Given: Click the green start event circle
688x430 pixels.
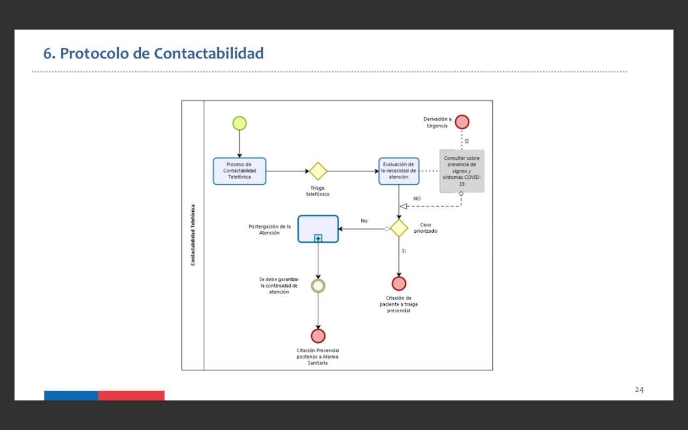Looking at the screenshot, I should click(x=239, y=123).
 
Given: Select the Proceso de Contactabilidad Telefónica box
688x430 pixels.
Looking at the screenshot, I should click(x=239, y=171).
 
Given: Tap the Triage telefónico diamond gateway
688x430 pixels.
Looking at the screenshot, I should click(x=318, y=171).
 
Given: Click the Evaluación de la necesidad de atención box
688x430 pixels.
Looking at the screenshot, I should click(x=398, y=171).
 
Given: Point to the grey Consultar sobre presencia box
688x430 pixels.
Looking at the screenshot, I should click(x=462, y=171).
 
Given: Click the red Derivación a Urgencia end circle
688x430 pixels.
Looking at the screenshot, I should click(x=462, y=122).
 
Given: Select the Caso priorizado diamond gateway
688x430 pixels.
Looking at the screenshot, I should click(x=399, y=228).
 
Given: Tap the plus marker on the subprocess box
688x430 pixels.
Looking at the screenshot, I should click(x=318, y=238).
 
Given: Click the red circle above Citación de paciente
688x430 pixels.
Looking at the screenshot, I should click(x=399, y=283).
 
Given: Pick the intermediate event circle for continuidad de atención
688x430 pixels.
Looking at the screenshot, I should click(x=318, y=285).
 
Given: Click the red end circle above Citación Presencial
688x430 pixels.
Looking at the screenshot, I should click(x=318, y=336).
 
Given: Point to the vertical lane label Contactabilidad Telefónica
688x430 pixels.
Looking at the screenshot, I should click(x=193, y=235).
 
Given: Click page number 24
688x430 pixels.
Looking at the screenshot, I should click(x=639, y=390).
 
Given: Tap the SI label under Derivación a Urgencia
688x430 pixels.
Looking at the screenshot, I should click(x=467, y=141).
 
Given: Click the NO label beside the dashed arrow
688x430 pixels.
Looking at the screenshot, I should click(x=417, y=199).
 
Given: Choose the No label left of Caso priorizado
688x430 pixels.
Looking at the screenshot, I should click(x=364, y=221).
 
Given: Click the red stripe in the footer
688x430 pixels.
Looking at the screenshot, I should click(x=131, y=396).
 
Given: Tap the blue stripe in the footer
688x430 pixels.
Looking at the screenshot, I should click(x=71, y=396).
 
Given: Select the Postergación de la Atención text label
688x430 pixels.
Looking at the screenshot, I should click(x=269, y=230).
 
